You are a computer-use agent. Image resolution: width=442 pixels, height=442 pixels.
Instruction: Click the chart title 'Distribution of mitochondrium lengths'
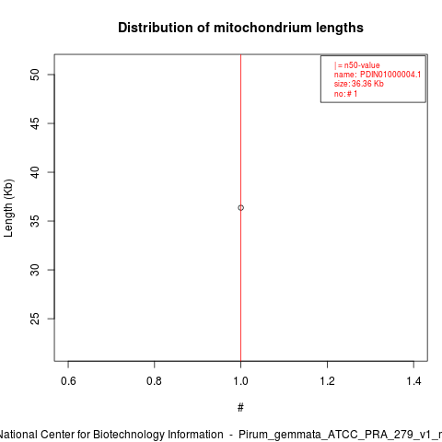(x=240, y=28)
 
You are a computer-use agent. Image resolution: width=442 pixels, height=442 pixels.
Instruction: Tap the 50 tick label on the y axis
(x=35, y=75)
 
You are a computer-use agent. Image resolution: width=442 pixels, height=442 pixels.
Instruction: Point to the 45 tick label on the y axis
(x=35, y=123)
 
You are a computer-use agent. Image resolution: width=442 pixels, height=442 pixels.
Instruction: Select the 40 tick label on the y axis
(x=35, y=172)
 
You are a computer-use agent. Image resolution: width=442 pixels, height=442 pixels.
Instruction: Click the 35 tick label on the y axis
(x=35, y=221)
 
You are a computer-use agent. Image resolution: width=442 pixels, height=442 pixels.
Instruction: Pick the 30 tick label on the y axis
(x=35, y=270)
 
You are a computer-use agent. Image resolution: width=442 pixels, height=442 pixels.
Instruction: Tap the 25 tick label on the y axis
(x=35, y=319)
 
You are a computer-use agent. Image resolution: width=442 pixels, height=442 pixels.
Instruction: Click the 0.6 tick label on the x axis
(x=68, y=381)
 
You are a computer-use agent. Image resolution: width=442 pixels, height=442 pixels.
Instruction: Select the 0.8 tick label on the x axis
(x=154, y=381)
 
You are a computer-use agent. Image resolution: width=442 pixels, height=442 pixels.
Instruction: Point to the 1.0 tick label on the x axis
(x=240, y=381)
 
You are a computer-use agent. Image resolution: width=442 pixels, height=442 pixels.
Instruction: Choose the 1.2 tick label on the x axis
(x=327, y=381)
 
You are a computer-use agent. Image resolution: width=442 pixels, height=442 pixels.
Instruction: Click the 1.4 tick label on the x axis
(x=413, y=381)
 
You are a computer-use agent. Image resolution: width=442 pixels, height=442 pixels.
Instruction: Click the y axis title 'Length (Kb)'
(x=8, y=208)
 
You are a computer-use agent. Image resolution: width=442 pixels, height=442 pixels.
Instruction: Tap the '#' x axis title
(x=240, y=408)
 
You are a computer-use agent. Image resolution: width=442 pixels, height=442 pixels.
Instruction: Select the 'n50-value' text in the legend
(x=362, y=65)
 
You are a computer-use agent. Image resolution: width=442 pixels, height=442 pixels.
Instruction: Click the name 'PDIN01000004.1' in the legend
(x=390, y=75)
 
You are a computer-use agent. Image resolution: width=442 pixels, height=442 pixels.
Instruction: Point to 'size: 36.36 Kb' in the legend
(x=359, y=84)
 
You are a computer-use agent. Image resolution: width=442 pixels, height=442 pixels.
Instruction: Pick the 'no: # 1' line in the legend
(x=345, y=94)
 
